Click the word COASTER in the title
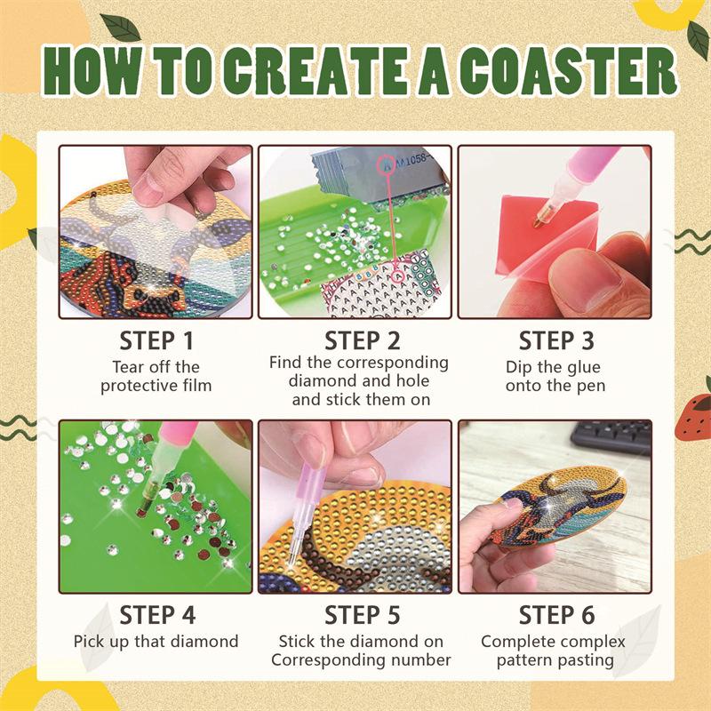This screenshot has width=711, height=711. (567, 71)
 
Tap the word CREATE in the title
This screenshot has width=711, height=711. (317, 71)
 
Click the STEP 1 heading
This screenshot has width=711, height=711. (156, 341)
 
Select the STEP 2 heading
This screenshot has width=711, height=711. (363, 341)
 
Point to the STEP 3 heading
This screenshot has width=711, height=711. (556, 341)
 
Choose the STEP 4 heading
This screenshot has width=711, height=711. (157, 615)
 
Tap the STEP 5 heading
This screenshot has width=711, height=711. (363, 615)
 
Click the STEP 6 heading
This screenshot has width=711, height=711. (556, 615)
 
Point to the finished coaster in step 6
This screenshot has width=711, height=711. (559, 507)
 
